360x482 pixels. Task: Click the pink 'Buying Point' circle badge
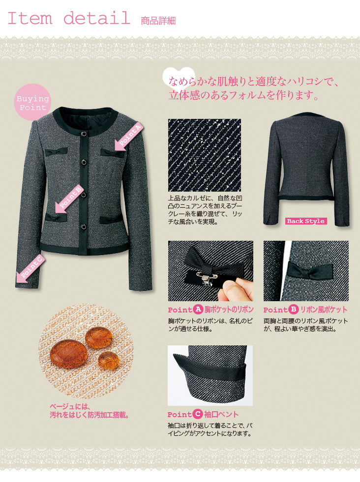[x=32, y=102]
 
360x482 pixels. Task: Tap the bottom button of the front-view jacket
[x=84, y=227]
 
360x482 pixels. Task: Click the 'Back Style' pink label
[x=306, y=221]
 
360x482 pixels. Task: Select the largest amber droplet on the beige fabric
[x=68, y=354]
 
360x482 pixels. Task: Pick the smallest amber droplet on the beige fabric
[x=109, y=360]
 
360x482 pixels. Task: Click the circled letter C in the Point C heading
[x=198, y=414]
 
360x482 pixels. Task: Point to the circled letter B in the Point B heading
[x=293, y=310]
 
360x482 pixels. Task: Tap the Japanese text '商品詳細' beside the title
[x=158, y=21]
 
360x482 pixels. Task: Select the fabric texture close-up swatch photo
[x=205, y=155]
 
